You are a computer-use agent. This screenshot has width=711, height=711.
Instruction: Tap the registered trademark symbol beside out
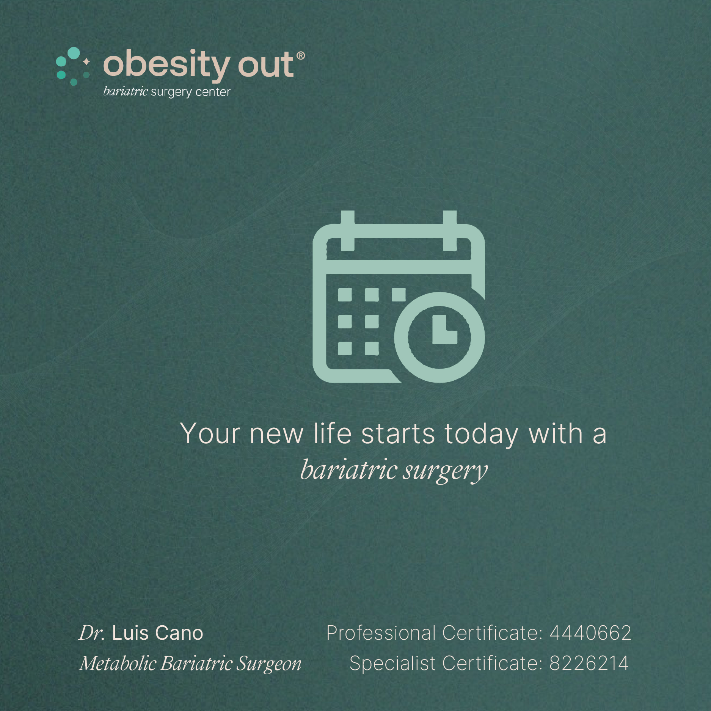click(x=300, y=56)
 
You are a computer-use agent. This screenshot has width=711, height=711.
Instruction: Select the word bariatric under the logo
click(x=125, y=91)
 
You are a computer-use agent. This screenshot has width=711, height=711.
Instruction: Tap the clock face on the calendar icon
click(x=439, y=337)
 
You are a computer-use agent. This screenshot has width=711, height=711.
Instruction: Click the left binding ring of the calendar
click(x=347, y=231)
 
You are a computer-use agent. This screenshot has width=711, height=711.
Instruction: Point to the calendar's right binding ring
click(x=450, y=231)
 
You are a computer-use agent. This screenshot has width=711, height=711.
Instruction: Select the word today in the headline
click(x=481, y=435)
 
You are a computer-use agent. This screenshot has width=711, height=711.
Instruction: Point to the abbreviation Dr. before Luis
click(x=92, y=633)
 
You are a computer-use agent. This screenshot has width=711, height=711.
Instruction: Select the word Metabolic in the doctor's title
click(x=118, y=663)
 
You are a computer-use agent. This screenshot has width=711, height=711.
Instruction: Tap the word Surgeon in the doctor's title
click(x=269, y=664)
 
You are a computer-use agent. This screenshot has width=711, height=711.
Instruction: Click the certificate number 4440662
click(x=590, y=633)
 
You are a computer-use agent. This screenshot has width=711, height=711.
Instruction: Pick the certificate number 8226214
click(x=589, y=663)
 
